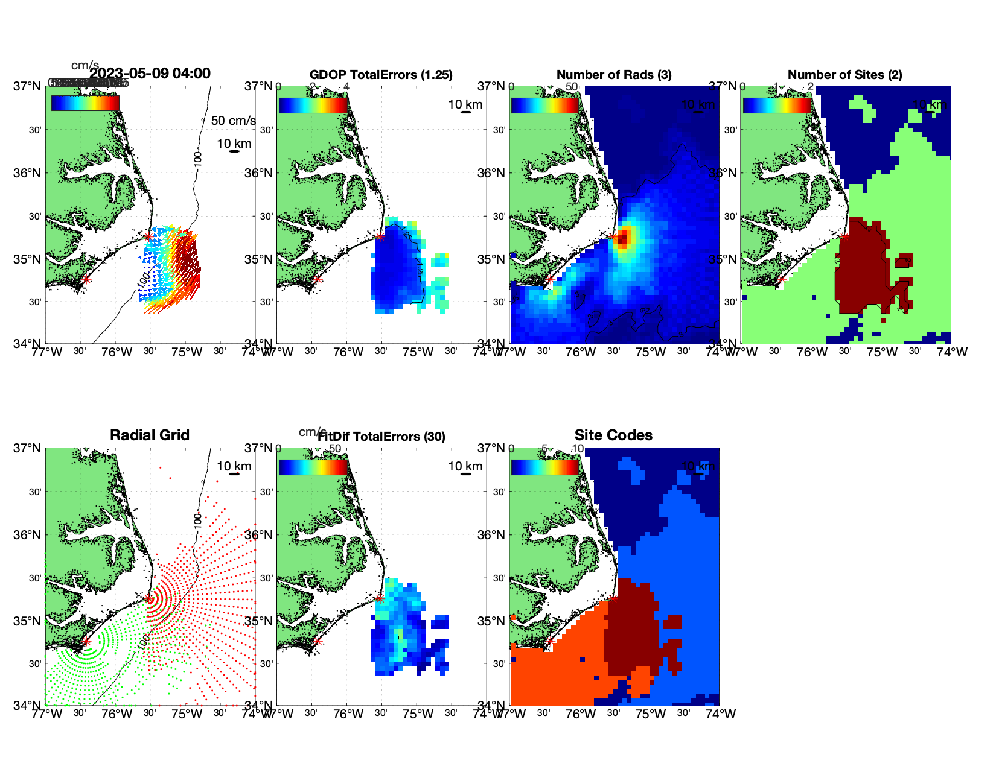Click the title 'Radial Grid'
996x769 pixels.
coord(150,435)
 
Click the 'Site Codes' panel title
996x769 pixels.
coord(613,435)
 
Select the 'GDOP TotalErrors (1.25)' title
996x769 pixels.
coord(381,75)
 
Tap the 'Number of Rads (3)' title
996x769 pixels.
coord(614,75)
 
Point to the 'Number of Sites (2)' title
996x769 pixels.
coord(844,75)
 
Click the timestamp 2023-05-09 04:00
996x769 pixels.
coord(150,74)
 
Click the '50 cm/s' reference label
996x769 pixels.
coord(233,121)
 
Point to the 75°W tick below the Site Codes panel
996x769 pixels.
coord(651,714)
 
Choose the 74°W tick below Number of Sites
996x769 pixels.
coord(952,352)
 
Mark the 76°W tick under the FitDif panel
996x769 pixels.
coord(348,714)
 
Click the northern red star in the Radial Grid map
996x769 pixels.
coord(148,599)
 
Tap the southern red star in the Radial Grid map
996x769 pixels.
coord(86,641)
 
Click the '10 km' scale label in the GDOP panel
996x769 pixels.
coord(465,104)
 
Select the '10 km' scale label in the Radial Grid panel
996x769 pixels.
coord(234,466)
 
